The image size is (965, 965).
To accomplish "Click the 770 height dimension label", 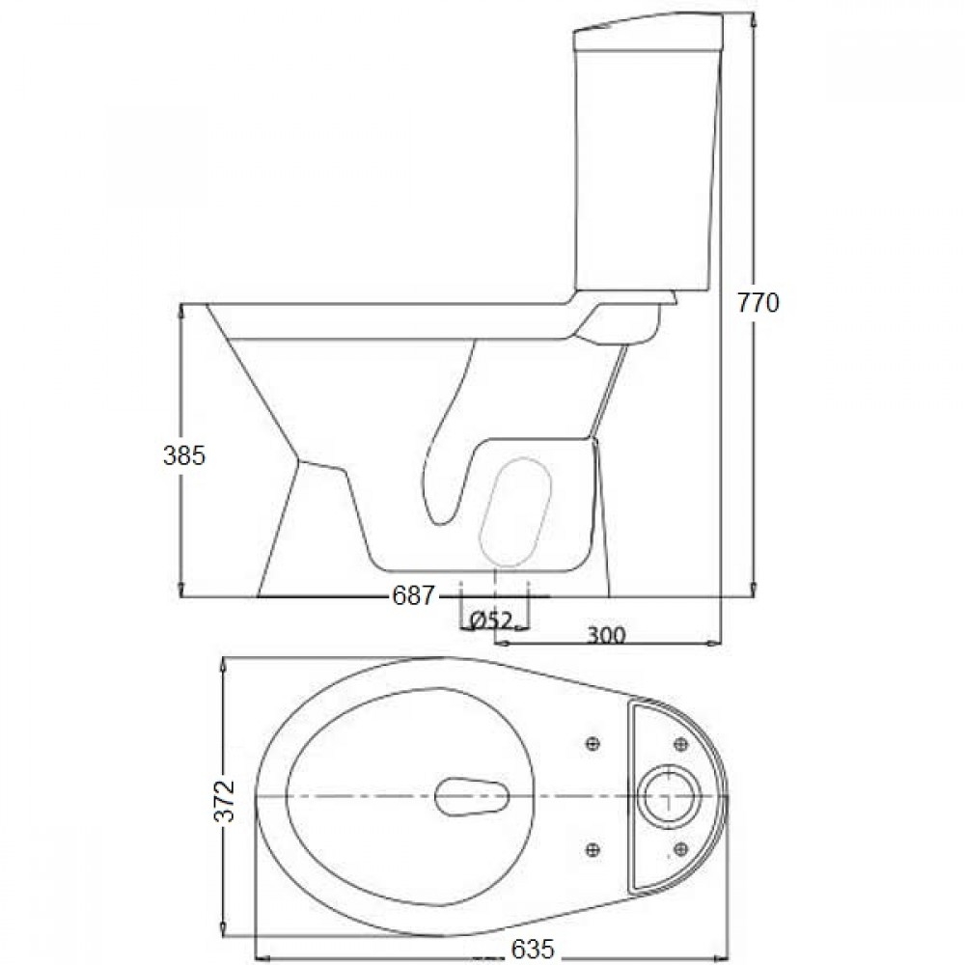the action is point(758,303).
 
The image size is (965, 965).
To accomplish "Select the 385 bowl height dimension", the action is point(184,456).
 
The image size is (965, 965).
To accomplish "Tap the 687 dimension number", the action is point(413,595).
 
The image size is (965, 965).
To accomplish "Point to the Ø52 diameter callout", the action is point(490,621).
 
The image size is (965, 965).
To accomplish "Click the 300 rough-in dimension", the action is point(605,635).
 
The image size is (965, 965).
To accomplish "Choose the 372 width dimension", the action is point(225,800).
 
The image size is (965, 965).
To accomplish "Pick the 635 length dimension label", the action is point(533,949).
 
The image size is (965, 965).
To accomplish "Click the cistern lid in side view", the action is point(648,33).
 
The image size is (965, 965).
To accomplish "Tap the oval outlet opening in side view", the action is point(515,512).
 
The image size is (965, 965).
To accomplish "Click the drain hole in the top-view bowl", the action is point(472,796).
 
